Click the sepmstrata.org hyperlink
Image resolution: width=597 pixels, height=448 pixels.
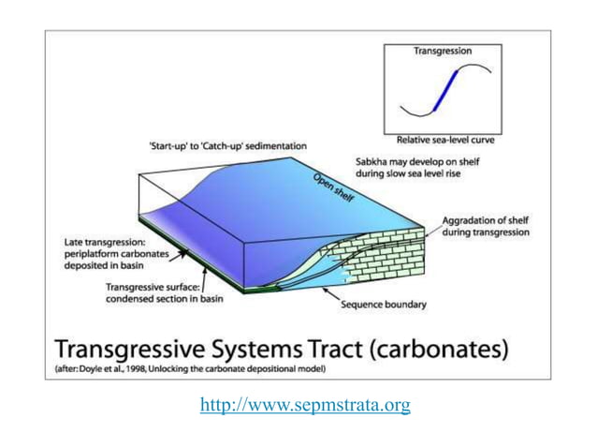pos(305,405)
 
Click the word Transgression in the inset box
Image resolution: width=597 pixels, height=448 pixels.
pos(443,51)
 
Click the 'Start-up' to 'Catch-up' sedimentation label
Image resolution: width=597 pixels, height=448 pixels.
pos(227,146)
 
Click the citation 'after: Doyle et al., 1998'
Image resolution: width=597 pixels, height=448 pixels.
pos(127,371)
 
